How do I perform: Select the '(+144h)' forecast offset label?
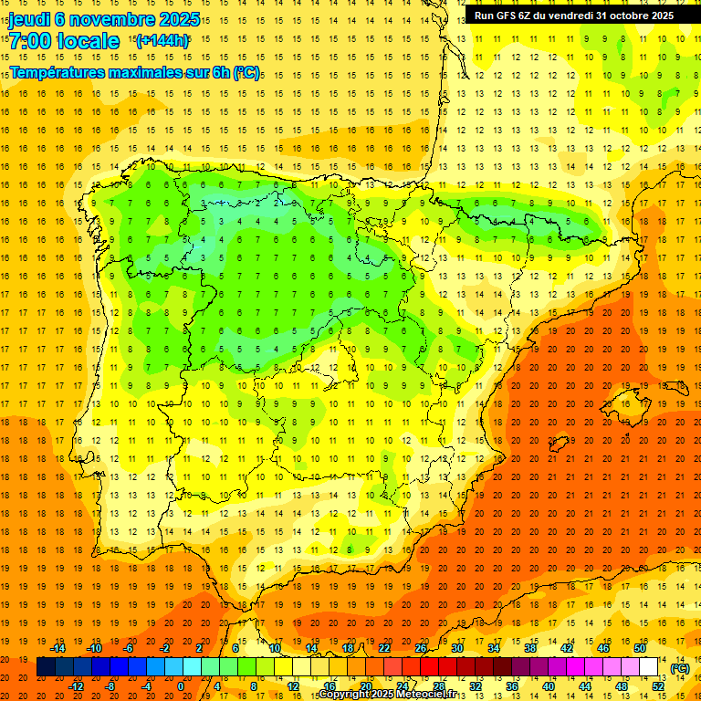point(162,40)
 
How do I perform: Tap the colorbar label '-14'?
point(58,648)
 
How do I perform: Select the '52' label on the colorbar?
point(658,685)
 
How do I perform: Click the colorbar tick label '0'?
point(182,685)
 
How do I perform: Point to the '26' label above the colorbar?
point(421,648)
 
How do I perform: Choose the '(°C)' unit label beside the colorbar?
point(679,668)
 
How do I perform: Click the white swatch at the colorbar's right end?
point(649,667)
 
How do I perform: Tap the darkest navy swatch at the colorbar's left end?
point(46,667)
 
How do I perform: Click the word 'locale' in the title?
point(88,41)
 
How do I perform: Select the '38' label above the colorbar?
point(530,648)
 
